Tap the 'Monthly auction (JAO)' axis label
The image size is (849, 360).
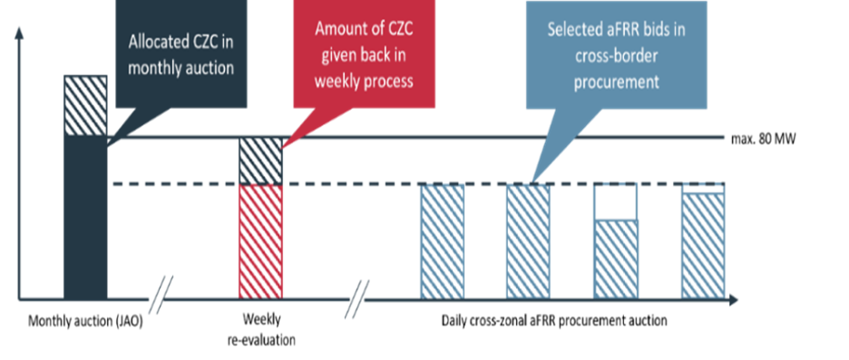pos(85,322)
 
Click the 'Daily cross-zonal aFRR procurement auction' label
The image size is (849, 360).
pos(554,320)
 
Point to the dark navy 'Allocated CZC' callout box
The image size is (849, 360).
pos(181,54)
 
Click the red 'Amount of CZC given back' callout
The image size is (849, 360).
pos(364,54)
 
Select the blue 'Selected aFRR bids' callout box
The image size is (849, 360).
pos(616,54)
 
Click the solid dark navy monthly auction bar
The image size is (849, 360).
pos(85,217)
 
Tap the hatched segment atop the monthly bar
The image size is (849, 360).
pos(85,105)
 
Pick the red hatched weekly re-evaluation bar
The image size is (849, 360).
pos(260,241)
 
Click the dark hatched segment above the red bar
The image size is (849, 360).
pos(260,161)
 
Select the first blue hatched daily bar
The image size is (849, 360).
pos(443,241)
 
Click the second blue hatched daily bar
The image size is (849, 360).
pos(528,241)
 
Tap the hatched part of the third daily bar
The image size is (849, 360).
pos(616,259)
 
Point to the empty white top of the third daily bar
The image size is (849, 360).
pos(616,202)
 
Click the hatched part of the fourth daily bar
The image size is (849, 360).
pos(703,246)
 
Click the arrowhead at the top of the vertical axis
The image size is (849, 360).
pos(19,33)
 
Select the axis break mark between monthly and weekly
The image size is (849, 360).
pos(162,295)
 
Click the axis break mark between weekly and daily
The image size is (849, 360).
pos(357,299)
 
